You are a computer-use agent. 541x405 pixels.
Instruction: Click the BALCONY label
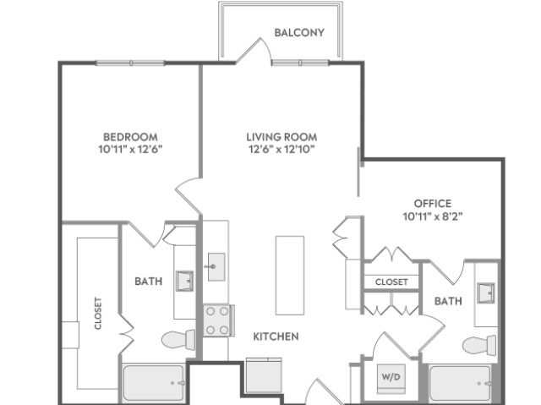click(299, 32)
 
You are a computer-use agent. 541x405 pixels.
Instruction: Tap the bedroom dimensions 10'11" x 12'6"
click(130, 150)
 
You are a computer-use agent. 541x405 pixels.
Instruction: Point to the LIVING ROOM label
click(281, 137)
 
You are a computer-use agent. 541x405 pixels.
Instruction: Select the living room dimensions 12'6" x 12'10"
click(281, 150)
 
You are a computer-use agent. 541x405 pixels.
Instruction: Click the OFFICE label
click(433, 204)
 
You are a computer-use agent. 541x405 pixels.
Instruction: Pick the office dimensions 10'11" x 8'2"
click(433, 216)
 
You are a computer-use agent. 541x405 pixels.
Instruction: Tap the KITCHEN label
click(276, 337)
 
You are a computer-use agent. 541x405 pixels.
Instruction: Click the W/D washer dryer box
click(391, 379)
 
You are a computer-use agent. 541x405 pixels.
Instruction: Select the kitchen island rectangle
click(290, 276)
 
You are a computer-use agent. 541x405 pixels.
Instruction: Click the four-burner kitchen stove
click(218, 320)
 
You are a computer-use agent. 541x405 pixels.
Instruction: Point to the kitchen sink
click(216, 266)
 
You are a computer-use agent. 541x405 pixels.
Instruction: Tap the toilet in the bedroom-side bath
click(178, 339)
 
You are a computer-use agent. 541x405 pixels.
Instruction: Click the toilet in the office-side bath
click(479, 345)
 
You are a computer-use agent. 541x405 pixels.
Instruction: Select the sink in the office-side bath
click(486, 293)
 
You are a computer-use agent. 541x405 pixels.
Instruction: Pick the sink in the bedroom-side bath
click(184, 282)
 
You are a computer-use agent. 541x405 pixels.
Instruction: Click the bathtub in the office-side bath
click(460, 383)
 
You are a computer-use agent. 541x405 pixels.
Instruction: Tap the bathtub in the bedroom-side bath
click(154, 383)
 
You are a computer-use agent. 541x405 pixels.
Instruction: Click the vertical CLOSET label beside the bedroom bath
click(98, 313)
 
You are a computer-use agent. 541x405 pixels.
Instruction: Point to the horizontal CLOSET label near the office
click(391, 282)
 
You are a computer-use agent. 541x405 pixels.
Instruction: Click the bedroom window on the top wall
click(130, 63)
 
